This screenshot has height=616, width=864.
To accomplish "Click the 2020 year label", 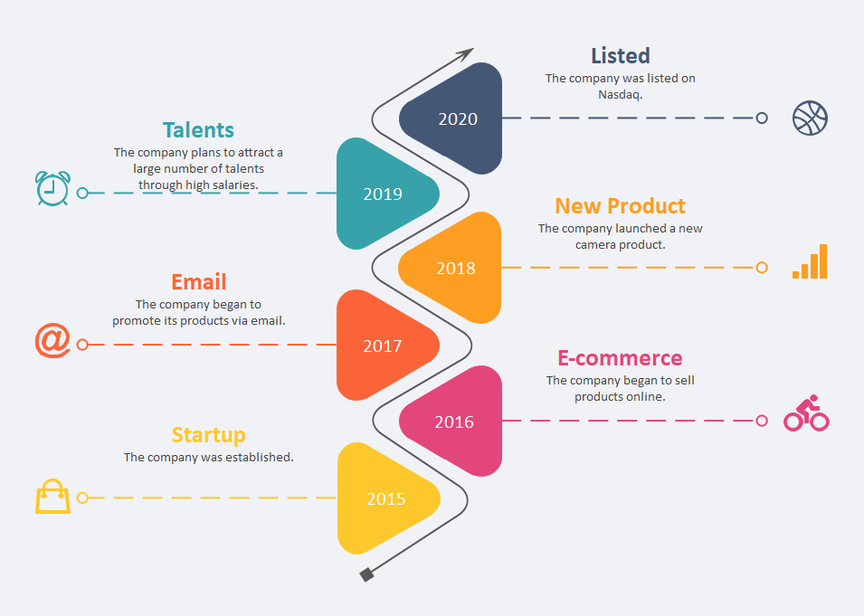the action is [x=458, y=119].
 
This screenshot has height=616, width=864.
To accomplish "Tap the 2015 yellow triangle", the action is [x=385, y=498].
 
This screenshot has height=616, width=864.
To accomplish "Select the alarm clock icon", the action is [x=52, y=188].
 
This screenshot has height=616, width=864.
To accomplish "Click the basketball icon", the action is [x=810, y=118].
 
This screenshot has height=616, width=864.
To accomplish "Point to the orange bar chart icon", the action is [x=810, y=261].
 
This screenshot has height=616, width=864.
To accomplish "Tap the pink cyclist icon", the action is [x=807, y=412].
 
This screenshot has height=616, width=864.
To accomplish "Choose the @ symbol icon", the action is [x=52, y=340].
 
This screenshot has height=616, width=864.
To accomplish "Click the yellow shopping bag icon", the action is [x=52, y=496].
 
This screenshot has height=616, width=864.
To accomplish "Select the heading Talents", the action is [x=198, y=130].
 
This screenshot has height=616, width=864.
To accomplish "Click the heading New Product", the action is [x=620, y=206].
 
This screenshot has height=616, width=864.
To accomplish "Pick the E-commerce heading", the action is [x=620, y=358].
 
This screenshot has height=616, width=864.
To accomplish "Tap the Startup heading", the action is [x=208, y=435].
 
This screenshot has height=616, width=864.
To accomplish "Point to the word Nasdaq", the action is [x=621, y=94].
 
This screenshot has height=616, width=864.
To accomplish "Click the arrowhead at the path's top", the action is [x=467, y=53].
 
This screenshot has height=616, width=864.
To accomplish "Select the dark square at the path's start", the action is [x=367, y=574].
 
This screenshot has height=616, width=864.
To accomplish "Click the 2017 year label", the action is [x=383, y=346].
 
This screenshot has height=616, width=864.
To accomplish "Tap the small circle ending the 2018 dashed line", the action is [x=762, y=267].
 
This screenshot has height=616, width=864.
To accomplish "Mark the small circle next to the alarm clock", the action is [x=82, y=193].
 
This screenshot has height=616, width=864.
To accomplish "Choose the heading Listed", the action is [x=621, y=56].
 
